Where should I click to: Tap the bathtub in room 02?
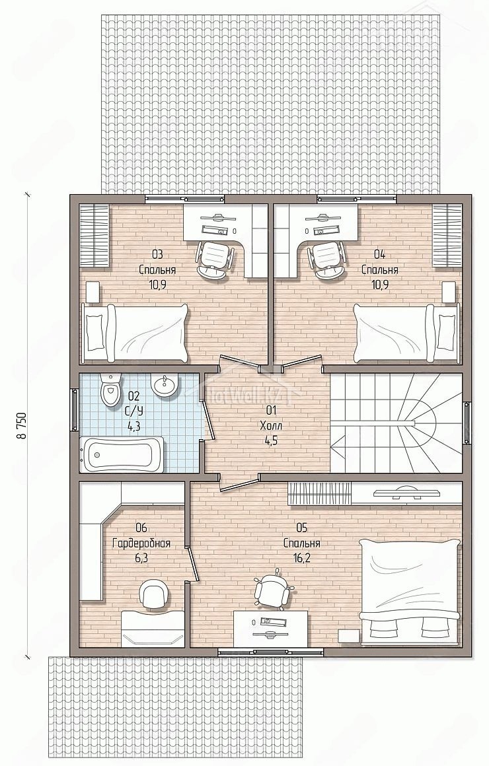tap(122, 455)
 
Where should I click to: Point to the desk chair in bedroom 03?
tap(213, 260)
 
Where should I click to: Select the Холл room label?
tap(272, 425)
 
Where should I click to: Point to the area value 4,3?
tap(134, 425)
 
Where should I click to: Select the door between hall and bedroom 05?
tap(240, 483)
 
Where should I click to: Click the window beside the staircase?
tap(467, 423)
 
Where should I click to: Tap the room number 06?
tap(142, 528)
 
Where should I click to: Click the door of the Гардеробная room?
tap(192, 564)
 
